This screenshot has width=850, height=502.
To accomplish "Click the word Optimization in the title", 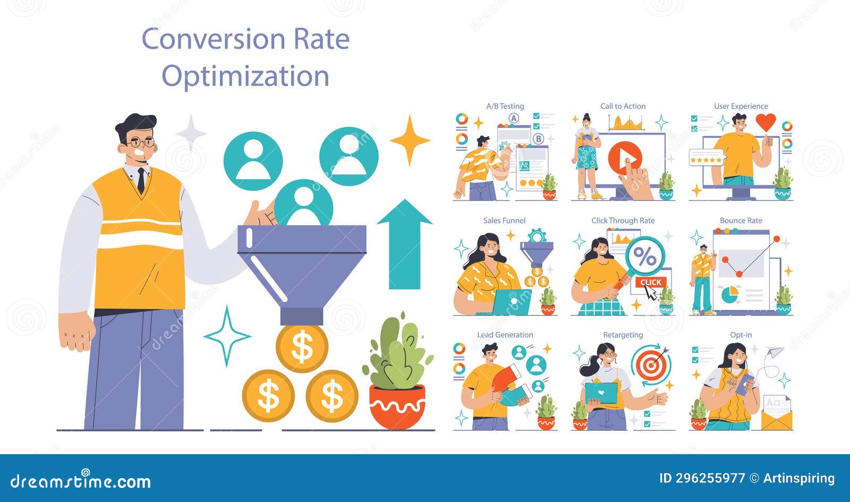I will pyautogui.click(x=245, y=76).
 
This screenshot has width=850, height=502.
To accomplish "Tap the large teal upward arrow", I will pyautogui.click(x=404, y=245).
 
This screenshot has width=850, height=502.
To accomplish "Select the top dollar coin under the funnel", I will pyautogui.click(x=302, y=348).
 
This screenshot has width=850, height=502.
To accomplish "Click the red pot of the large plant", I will pyautogui.click(x=397, y=407).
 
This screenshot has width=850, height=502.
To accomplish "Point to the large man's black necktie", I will pyautogui.click(x=141, y=180).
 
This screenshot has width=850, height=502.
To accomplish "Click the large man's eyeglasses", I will pyautogui.click(x=141, y=143).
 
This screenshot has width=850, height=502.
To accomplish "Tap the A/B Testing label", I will pyautogui.click(x=505, y=106).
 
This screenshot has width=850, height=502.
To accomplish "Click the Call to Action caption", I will pyautogui.click(x=623, y=106).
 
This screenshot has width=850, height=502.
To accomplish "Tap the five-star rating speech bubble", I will pyautogui.click(x=706, y=159).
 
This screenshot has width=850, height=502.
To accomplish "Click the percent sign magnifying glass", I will pyautogui.click(x=644, y=257).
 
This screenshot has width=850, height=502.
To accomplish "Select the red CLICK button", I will pyautogui.click(x=650, y=282).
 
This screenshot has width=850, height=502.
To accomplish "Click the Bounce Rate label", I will pyautogui.click(x=741, y=221).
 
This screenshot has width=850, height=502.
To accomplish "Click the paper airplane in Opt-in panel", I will pyautogui.click(x=775, y=352).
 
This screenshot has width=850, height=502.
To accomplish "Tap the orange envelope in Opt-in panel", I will pyautogui.click(x=777, y=414).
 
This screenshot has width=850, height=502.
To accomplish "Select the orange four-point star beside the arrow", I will pyautogui.click(x=410, y=140).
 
